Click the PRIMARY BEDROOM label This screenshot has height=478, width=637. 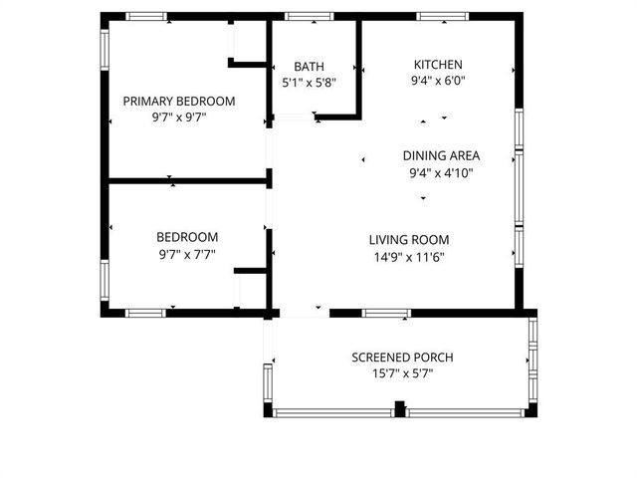point(178,101)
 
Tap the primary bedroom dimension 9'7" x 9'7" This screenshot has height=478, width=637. point(178,118)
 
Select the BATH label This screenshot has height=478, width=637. point(309,67)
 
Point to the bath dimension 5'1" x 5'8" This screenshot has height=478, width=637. point(309,84)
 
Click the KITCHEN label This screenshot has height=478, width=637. point(438,65)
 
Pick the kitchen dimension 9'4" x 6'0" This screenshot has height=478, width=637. point(438,82)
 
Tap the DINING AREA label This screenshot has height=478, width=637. point(441,155)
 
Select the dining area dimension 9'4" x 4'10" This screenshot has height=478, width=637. point(441,172)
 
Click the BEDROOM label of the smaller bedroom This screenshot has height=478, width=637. point(187,237)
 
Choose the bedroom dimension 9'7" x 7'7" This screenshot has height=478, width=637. point(187,254)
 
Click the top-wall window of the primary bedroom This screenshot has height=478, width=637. point(146,16)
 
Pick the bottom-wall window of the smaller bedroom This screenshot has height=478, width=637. point(145,313)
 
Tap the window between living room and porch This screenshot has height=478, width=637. point(386,313)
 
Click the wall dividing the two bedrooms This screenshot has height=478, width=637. point(187,181)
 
